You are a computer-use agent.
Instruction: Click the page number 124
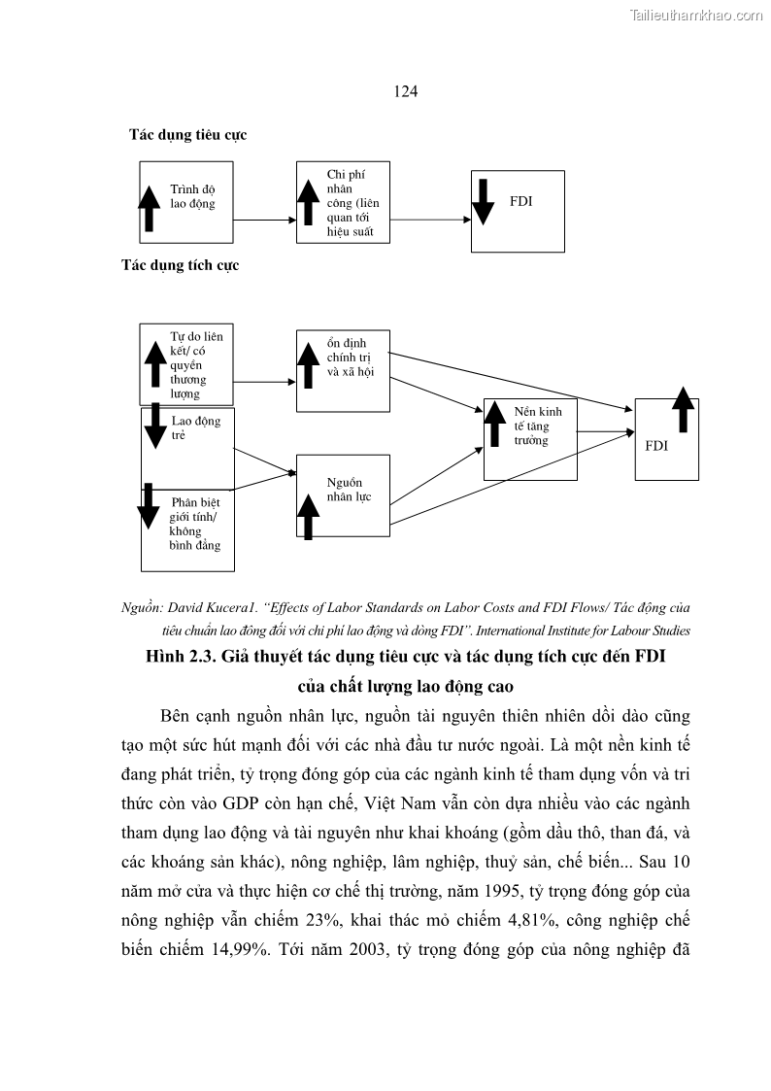406,91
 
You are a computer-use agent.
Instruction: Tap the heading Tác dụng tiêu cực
188,135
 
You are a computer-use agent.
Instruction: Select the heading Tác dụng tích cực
181,264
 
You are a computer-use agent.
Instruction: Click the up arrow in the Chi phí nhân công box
308,202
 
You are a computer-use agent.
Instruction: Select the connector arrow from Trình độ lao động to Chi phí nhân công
264,221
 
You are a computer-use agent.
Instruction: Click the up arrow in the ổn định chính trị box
308,366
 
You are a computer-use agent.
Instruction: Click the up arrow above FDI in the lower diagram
684,408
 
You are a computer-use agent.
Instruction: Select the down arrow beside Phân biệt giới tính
149,505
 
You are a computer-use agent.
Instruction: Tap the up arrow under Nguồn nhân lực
308,517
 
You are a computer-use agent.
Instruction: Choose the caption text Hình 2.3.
180,659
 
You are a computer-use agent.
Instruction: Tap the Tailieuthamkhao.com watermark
696,15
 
